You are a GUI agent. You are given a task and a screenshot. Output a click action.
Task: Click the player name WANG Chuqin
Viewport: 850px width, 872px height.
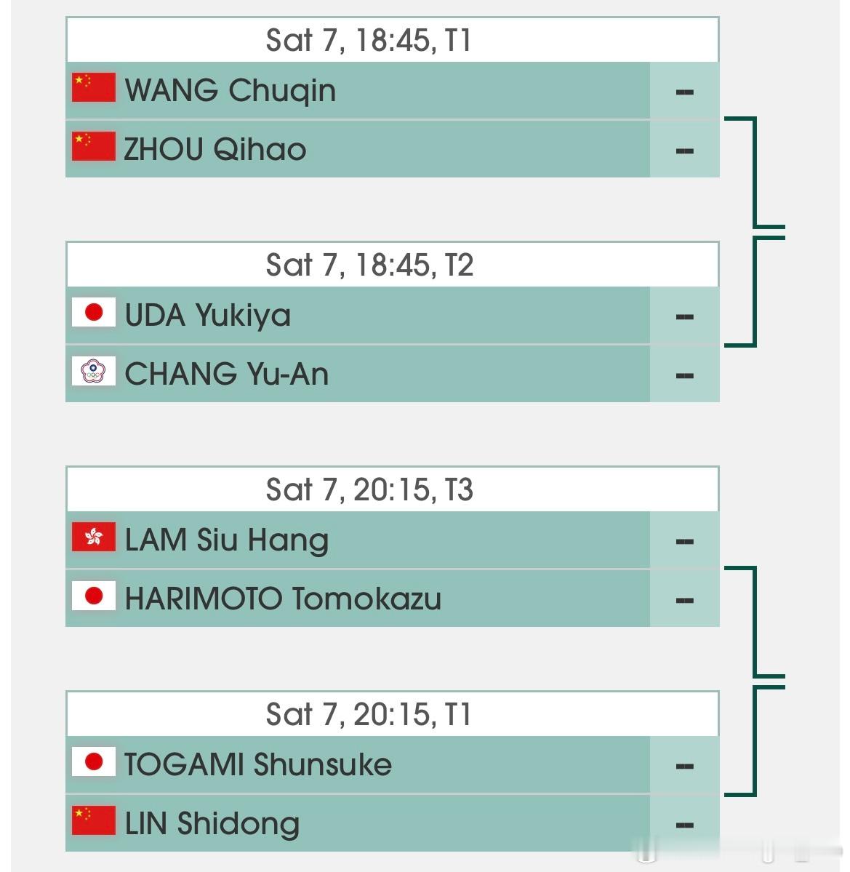[x=230, y=91]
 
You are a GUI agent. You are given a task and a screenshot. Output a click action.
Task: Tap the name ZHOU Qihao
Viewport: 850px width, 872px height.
[x=215, y=150]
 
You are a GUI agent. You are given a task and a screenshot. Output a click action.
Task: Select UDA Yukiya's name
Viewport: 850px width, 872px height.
[x=208, y=316]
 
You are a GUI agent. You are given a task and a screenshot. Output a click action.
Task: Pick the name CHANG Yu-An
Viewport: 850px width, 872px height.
[x=227, y=375]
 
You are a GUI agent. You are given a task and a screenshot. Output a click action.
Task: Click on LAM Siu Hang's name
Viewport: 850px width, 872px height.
[x=227, y=540]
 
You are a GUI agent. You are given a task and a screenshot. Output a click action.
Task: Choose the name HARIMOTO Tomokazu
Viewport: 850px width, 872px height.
[x=283, y=599]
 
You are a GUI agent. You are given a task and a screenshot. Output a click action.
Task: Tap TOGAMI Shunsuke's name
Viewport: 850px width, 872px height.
[x=258, y=765]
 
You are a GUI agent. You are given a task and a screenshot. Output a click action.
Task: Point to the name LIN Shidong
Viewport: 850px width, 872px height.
[x=212, y=824]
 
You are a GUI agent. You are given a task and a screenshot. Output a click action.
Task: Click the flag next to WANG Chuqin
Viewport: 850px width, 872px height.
[x=94, y=87]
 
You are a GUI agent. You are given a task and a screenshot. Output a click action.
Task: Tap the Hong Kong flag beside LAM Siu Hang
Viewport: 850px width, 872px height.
[x=94, y=537]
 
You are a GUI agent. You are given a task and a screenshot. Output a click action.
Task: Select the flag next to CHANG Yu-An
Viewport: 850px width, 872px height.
[x=94, y=371]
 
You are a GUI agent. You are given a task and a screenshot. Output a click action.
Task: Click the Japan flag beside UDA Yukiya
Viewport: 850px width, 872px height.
[x=94, y=312]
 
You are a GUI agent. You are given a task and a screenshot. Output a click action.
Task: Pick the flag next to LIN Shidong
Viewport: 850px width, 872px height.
[x=94, y=820]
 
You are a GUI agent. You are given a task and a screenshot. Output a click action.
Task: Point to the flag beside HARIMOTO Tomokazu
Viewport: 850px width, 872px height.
[x=94, y=596]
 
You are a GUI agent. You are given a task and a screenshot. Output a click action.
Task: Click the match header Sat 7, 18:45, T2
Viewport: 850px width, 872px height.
[x=370, y=265]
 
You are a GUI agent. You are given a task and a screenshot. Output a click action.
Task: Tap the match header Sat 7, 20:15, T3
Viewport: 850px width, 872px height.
[x=370, y=489]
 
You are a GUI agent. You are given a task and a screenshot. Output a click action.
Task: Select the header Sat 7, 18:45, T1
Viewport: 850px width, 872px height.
[x=370, y=40]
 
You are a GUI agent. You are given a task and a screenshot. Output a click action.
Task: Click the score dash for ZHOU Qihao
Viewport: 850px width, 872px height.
[x=684, y=151]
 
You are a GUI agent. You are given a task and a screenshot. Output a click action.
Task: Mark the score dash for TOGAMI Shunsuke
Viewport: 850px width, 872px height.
[x=684, y=767]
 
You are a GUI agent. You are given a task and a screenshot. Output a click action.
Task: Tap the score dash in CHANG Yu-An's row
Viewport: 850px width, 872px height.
[x=684, y=376]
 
